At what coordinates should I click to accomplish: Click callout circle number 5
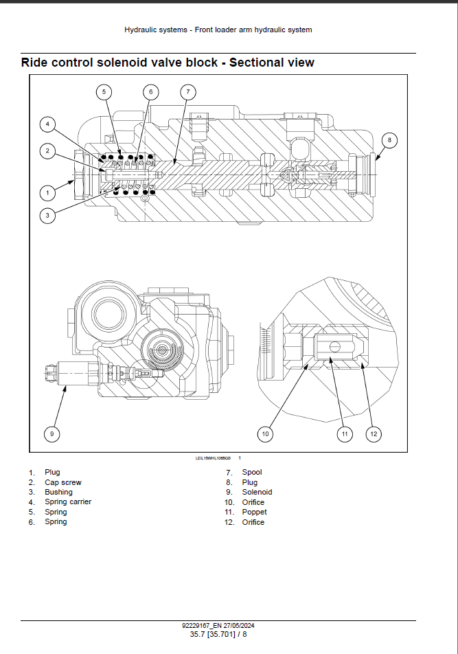(104, 91)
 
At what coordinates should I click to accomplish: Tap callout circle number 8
(389, 140)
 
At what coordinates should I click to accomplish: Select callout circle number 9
(51, 433)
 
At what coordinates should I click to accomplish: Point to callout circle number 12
(374, 433)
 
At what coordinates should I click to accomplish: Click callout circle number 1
(47, 193)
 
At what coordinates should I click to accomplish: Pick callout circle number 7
(187, 91)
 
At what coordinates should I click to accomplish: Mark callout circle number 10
(266, 433)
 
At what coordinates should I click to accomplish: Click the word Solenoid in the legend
(257, 492)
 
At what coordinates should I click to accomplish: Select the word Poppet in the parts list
(254, 512)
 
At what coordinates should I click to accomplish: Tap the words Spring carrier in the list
(68, 501)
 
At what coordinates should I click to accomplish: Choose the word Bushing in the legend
(58, 492)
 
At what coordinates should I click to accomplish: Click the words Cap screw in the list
(63, 482)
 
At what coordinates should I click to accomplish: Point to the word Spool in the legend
(252, 472)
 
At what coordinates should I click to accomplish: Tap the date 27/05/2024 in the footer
(238, 625)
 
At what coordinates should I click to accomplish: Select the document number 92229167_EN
(201, 625)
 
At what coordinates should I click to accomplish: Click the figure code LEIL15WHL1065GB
(214, 458)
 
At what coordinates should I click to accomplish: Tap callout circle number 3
(47, 216)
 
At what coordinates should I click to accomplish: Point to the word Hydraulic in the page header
(140, 30)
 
